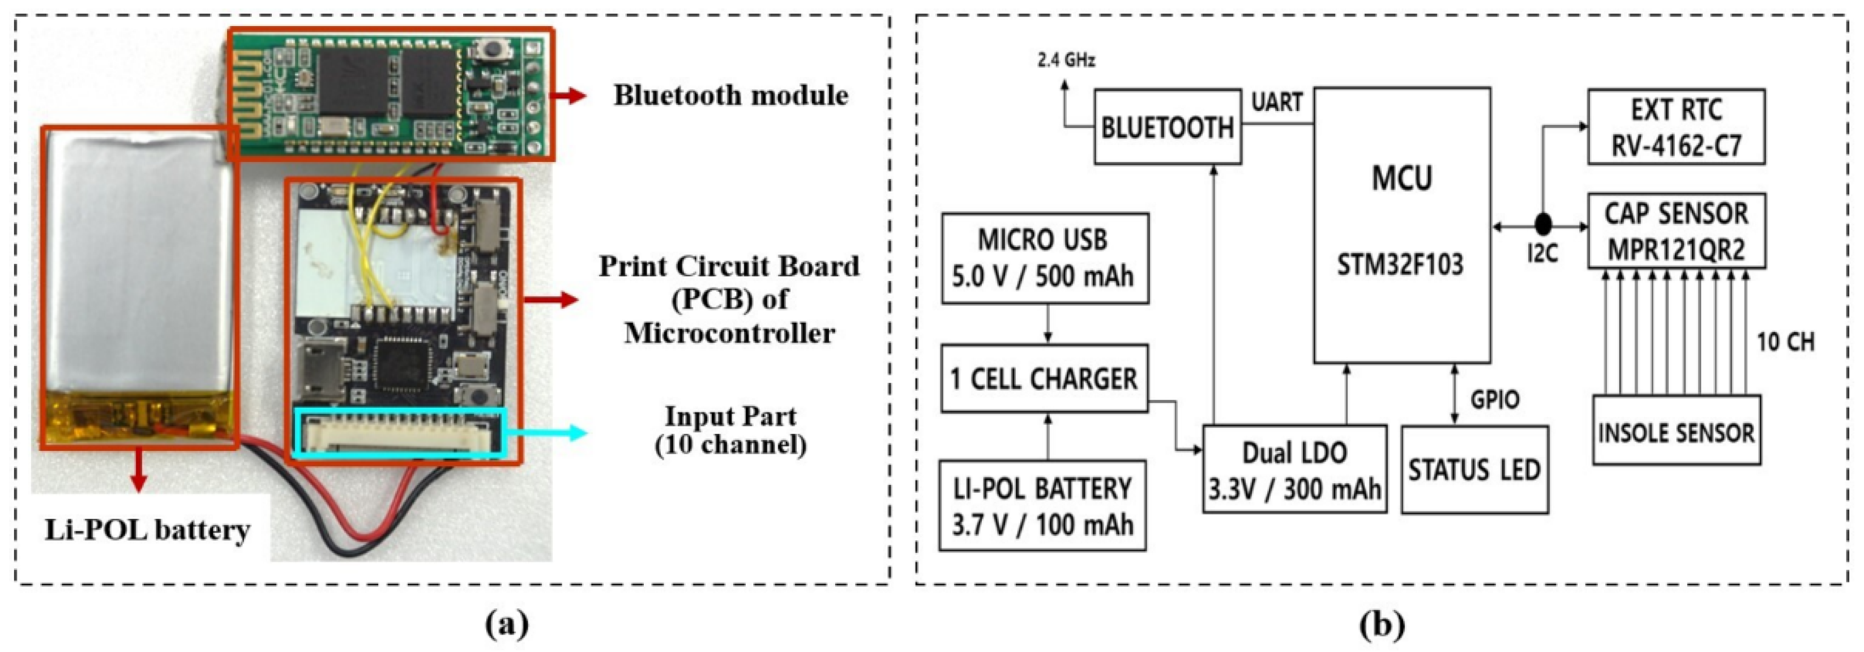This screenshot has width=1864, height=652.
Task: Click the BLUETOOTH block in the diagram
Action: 1167,127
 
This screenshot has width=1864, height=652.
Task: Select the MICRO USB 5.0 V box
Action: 1044,258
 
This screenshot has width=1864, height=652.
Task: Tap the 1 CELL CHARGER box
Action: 1044,378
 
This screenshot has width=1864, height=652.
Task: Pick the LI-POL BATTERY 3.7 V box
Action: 1042,505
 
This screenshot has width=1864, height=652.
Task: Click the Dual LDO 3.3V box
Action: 1294,469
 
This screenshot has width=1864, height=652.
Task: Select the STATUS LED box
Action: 1474,470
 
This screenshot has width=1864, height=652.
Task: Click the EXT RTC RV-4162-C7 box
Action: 1676,127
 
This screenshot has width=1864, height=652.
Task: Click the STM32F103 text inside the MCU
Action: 1400,264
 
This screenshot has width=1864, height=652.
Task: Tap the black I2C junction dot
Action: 1543,222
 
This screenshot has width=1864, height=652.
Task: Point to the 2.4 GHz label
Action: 1066,60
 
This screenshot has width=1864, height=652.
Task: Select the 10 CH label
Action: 1786,342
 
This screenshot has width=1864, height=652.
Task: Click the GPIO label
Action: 1495,399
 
